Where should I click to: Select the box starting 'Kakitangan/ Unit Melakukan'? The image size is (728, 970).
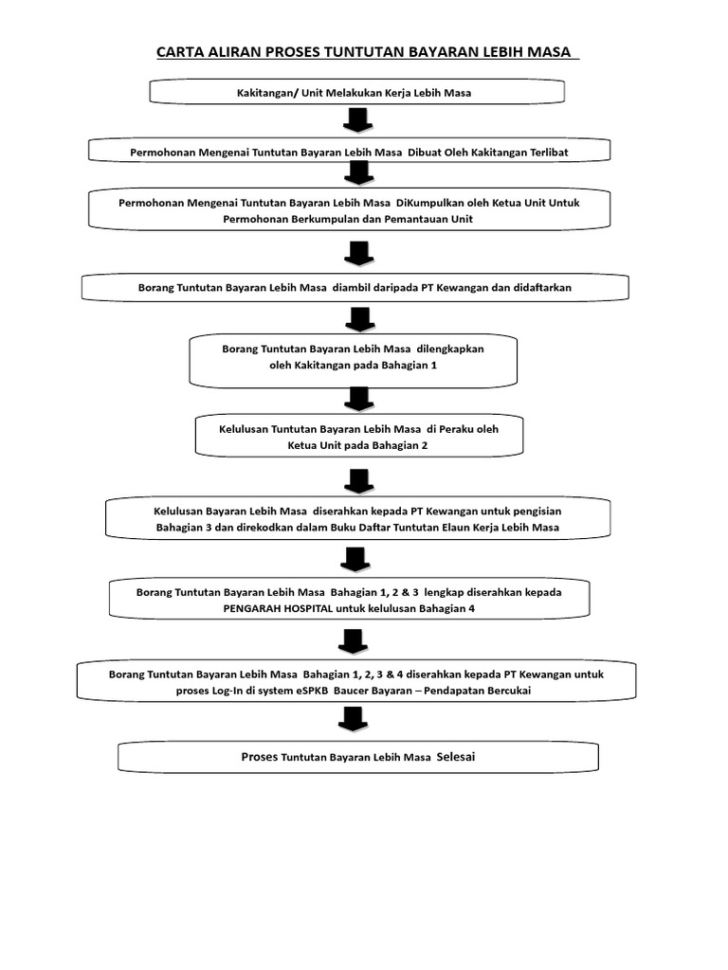click(x=356, y=92)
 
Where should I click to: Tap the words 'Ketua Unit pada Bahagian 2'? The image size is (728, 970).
click(x=357, y=445)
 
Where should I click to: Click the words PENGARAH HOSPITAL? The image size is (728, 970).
click(x=278, y=609)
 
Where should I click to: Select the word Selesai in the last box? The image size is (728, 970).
click(x=460, y=757)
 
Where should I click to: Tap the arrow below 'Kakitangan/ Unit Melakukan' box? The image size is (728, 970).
click(x=356, y=121)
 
